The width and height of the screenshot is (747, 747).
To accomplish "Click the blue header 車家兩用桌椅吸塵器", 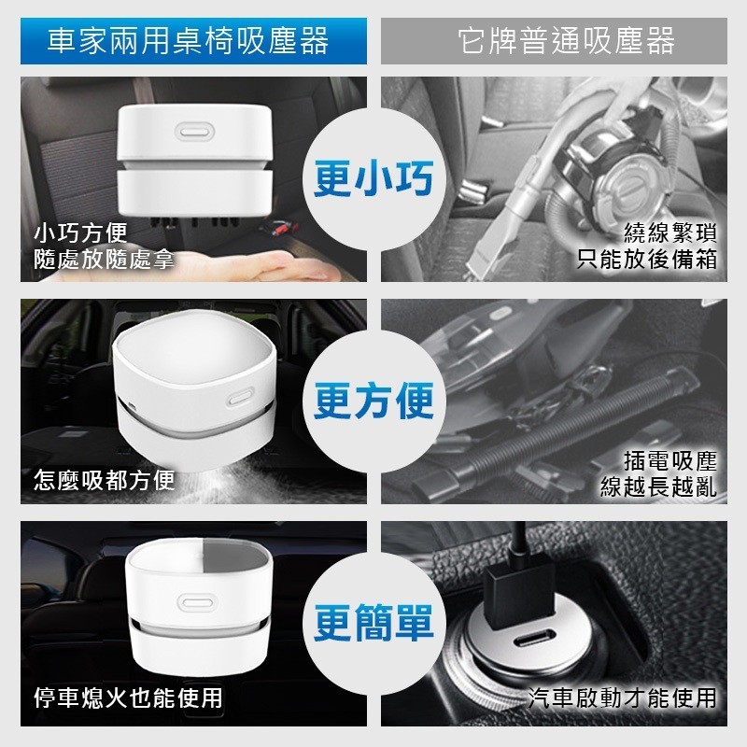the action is click(189, 41).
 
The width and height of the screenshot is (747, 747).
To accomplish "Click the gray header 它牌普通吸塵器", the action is click(567, 41).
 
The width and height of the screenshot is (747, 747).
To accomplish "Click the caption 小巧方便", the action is click(80, 233).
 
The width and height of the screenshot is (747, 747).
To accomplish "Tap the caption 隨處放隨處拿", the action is click(104, 260).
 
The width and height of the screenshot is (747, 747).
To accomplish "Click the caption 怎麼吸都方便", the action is click(105, 480).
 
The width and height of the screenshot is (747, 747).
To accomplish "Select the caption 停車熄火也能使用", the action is click(128, 698).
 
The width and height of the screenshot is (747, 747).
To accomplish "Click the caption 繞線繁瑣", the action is click(670, 233).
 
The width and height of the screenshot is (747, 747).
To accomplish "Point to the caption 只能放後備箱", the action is click(647, 260).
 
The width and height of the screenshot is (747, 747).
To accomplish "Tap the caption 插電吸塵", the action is click(670, 460).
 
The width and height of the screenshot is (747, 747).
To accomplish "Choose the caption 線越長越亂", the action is click(658, 486).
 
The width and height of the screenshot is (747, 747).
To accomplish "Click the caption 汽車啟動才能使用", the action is click(623, 698).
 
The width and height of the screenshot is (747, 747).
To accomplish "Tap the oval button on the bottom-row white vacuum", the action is click(195, 602).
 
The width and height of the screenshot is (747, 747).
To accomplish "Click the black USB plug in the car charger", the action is click(520, 596).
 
